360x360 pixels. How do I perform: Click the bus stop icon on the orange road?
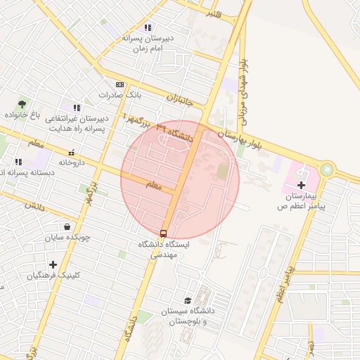tap(164, 233)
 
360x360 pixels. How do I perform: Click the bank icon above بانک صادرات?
tap(120, 84)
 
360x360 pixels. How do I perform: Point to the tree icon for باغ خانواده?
tap(21, 104)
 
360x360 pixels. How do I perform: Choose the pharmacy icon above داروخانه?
tap(71, 152)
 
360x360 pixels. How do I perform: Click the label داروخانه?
tap(72, 162)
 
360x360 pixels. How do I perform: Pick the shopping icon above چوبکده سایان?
tap(67, 226)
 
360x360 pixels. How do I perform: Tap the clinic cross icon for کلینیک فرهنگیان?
tap(53, 265)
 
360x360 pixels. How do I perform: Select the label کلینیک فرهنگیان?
tap(51, 276)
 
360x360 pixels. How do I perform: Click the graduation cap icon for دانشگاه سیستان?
tap(186, 300)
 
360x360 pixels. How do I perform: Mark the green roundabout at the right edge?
tap(327, 169)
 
